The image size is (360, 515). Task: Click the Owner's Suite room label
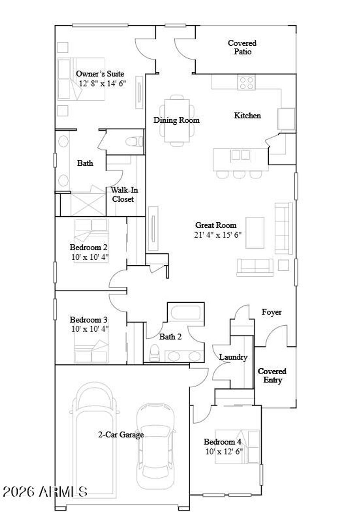(100, 74)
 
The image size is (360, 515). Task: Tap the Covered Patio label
(242, 47)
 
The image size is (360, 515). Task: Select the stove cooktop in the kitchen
(246, 83)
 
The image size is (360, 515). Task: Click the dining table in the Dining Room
(176, 120)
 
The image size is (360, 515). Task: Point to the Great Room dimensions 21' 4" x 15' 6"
(218, 235)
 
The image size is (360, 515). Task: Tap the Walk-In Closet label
(124, 195)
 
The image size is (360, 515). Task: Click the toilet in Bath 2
(154, 352)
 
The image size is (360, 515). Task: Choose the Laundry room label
(233, 357)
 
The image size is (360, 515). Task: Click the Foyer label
(271, 312)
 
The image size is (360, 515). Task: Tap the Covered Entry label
(272, 376)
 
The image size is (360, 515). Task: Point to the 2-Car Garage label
(121, 435)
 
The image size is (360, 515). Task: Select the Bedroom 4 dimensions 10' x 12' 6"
(224, 451)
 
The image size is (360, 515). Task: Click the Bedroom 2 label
(88, 247)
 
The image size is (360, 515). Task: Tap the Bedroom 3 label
(88, 320)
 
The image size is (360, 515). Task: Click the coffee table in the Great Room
(255, 233)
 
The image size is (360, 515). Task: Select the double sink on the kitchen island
(240, 155)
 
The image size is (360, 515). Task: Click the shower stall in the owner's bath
(88, 204)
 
